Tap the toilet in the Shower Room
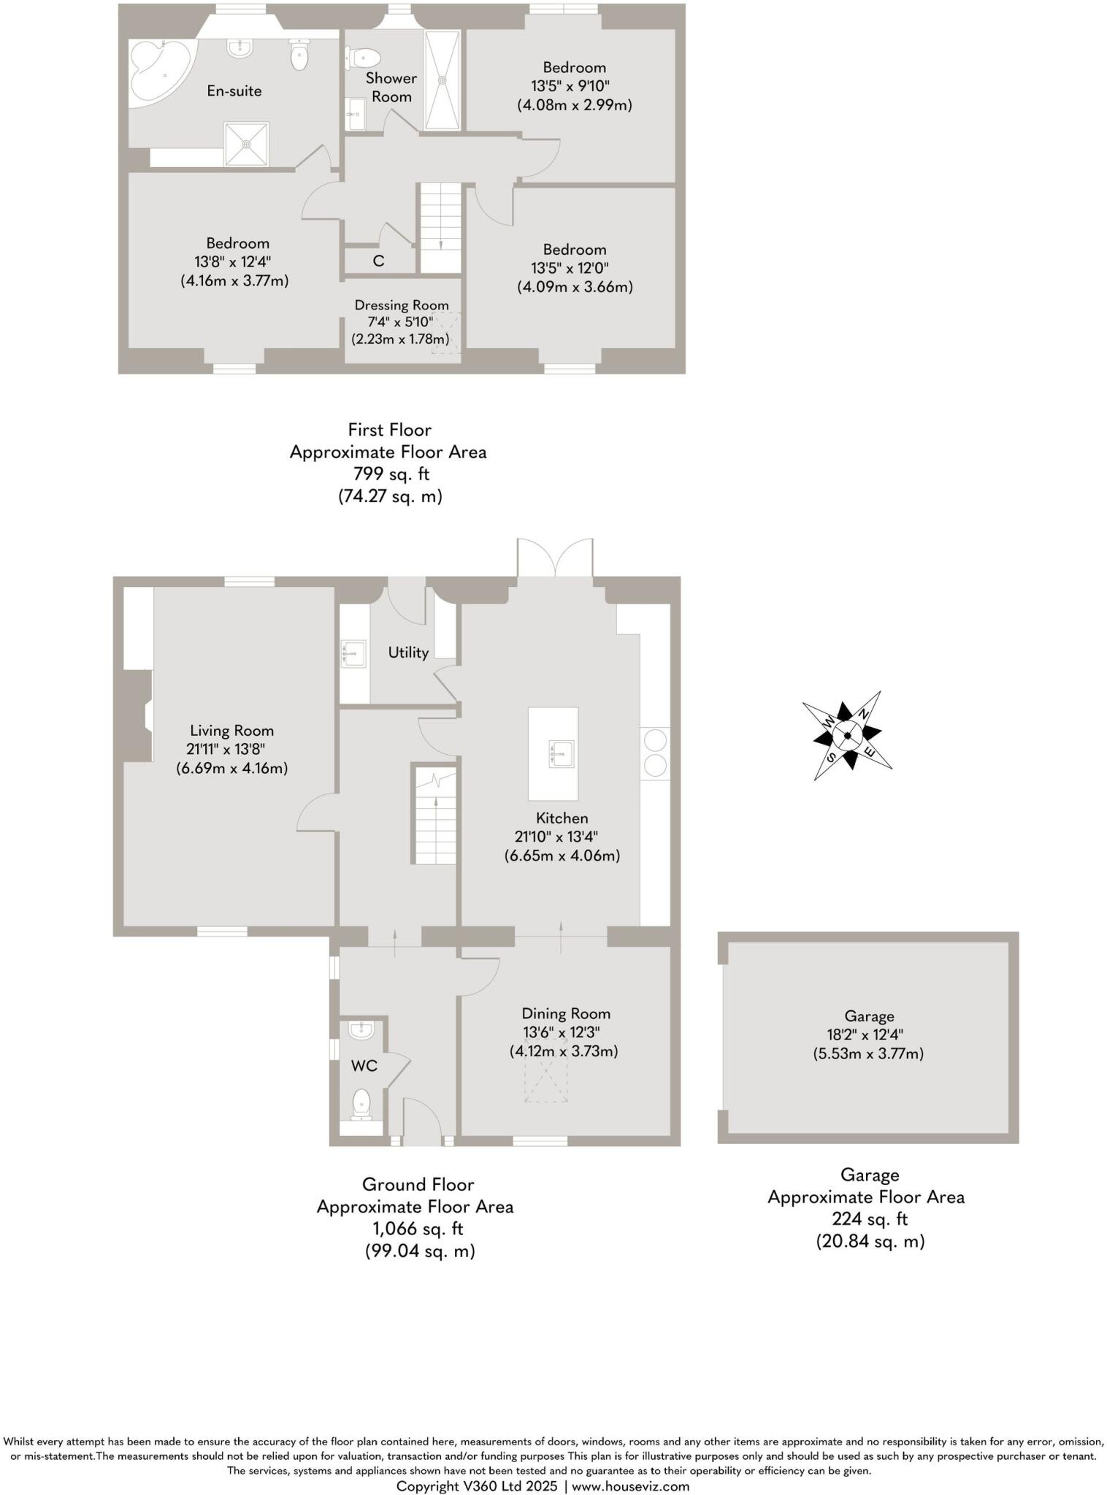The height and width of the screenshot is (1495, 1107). coord(363,56)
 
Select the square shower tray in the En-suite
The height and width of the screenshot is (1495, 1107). coord(247,144)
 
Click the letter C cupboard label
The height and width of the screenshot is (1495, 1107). coord(378,261)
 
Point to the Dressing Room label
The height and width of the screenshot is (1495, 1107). coord(402,305)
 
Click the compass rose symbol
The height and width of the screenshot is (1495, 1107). coord(847,735)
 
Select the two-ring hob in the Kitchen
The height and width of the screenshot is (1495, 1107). coord(655,753)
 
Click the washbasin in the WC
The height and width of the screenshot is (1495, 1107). coord(361,1030)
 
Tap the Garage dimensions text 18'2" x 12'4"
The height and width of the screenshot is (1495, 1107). coord(869,1034)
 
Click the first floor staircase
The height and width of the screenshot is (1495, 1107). coord(440,226)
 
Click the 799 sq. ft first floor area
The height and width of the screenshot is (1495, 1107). coord(391,474)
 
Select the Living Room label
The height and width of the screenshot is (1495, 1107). coord(231,730)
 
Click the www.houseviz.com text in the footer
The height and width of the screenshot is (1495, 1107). coord(630,1486)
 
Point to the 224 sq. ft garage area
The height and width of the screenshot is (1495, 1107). coord(870,1218)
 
